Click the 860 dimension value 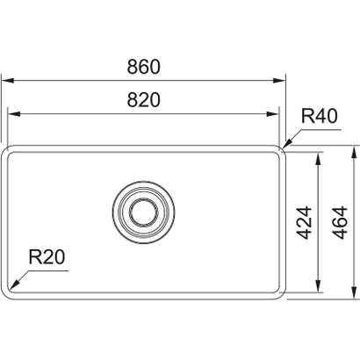pyautogui.click(x=143, y=67)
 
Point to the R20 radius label pyautogui.click(x=46, y=257)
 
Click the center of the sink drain pyautogui.click(x=143, y=212)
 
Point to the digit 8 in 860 pyautogui.click(x=130, y=67)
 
